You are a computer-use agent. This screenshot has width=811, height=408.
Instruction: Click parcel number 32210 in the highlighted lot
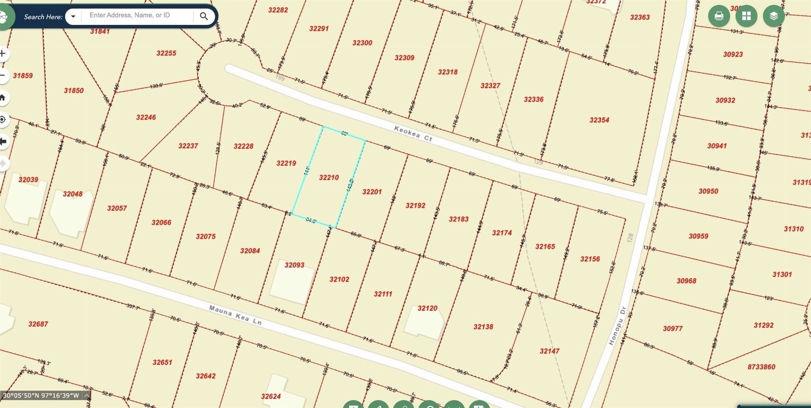pyautogui.click(x=328, y=177)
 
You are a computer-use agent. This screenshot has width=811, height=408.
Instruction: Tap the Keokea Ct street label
pyautogui.click(x=413, y=133)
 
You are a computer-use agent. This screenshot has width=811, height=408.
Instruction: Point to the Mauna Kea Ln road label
pyautogui.click(x=235, y=315)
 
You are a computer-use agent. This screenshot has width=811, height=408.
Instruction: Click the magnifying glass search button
pyautogui.click(x=204, y=16)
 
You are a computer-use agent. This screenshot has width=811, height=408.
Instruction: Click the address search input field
pyautogui.click(x=137, y=16)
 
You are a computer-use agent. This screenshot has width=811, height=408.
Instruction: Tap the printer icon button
pyautogui.click(x=719, y=16)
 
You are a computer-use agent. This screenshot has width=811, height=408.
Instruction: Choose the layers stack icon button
pyautogui.click(x=774, y=16)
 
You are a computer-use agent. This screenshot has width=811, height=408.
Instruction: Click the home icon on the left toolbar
pyautogui.click(x=3, y=98)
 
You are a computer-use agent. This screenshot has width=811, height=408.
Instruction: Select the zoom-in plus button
pyautogui.click(x=3, y=54)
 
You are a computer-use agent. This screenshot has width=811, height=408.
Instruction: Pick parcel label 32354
pyautogui.click(x=599, y=120)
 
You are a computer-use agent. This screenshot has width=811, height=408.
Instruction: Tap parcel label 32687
pyautogui.click(x=38, y=324)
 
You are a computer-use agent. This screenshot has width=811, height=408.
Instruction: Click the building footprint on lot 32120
pyautogui.click(x=424, y=322)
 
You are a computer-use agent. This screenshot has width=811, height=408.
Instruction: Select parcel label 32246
pyautogui.click(x=146, y=117)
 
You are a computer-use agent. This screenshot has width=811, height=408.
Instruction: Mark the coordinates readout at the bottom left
pyautogui.click(x=41, y=395)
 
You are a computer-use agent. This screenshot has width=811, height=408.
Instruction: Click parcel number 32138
pyautogui.click(x=483, y=327)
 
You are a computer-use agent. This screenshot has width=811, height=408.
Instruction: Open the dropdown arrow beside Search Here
pyautogui.click(x=73, y=16)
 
